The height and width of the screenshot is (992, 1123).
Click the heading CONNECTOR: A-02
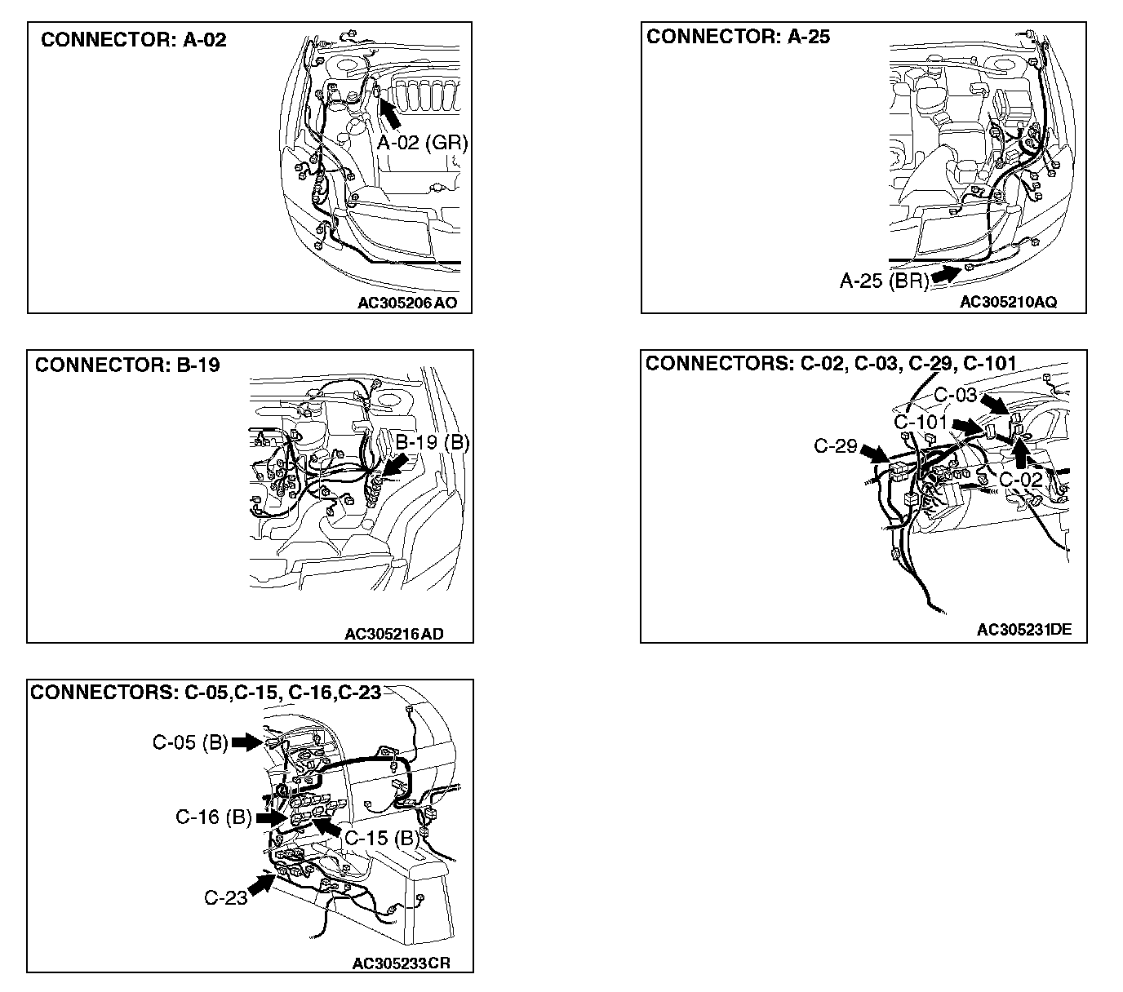pos(133,40)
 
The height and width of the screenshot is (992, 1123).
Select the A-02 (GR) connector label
pos(422,143)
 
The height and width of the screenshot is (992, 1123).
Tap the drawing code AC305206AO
pos(407,303)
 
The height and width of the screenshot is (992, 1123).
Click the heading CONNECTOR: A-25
pos(738,37)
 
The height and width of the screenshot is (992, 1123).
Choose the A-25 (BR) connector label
pos(885,281)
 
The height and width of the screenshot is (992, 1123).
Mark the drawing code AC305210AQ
pos(1008,302)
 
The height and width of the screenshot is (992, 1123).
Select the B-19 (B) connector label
pos(433,442)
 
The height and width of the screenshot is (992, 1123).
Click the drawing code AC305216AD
pos(393,634)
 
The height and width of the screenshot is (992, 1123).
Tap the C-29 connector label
pos(835,446)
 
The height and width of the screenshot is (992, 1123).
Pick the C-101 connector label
pos(921,423)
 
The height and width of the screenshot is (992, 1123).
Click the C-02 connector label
pos(1021,480)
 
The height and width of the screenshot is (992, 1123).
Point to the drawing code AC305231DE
pos(1023,629)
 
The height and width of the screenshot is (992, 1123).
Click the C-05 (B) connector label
pos(190,742)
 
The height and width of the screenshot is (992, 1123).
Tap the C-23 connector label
pos(225,898)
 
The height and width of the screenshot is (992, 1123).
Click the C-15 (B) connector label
pos(381,838)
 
